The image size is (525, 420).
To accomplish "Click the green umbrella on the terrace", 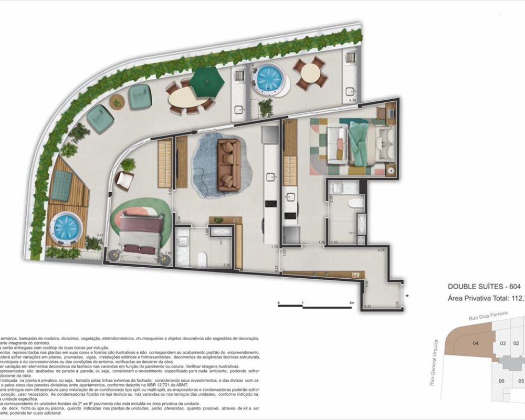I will pos(207,82).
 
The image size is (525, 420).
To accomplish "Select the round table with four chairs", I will pos(310,74).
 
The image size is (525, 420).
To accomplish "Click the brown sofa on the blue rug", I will pos(229,164).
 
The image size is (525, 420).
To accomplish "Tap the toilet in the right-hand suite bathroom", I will pos(354,203).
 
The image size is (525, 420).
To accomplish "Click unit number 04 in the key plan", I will pos(476,344).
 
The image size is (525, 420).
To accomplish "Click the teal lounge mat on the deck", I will pos(61,186).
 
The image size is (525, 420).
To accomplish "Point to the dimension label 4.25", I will pos(381,250).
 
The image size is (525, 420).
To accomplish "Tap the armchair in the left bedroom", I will pos(124,181).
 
